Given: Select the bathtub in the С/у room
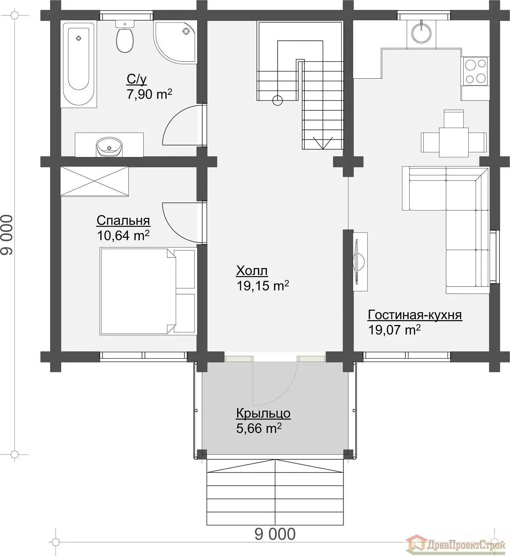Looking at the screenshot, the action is tap(79, 64).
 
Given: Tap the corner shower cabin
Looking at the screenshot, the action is tap(175, 42).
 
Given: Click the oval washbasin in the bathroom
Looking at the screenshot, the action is tap(109, 147).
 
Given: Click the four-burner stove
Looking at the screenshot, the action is tap(476, 71).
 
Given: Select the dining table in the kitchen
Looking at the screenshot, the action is tap(454, 142).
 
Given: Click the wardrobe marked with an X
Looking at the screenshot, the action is tap(94, 182).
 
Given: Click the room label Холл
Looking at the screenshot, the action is tap(252, 271).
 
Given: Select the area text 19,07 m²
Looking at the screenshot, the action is tap(394, 330).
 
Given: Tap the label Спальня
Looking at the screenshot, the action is tap(123, 220).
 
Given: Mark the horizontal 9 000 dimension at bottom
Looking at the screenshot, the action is tap(275, 534).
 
